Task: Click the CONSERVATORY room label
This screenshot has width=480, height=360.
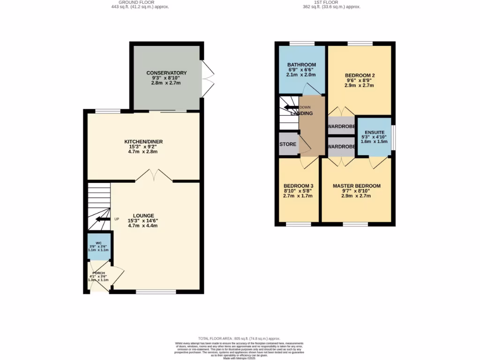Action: click(x=166, y=73)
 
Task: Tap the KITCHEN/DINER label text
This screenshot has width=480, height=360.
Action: click(x=143, y=142)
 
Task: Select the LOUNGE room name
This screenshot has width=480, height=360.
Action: click(x=143, y=216)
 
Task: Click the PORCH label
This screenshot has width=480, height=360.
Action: click(x=98, y=273)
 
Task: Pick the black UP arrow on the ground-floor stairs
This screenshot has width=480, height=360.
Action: click(x=101, y=219)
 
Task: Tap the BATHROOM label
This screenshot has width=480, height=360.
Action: click(x=301, y=65)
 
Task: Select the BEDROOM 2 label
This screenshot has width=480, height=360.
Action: click(x=360, y=75)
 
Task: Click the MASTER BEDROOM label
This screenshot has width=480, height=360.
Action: click(x=357, y=186)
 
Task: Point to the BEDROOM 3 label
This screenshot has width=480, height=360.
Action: click(x=298, y=186)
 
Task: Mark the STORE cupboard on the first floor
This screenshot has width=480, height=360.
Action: click(x=288, y=145)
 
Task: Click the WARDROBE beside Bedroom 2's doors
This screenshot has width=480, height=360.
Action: click(x=341, y=127)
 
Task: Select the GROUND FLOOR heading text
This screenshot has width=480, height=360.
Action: click(x=140, y=2)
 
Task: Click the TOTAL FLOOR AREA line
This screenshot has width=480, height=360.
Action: click(x=239, y=338)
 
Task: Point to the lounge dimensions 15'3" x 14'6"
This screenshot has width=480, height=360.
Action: click(x=143, y=221)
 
